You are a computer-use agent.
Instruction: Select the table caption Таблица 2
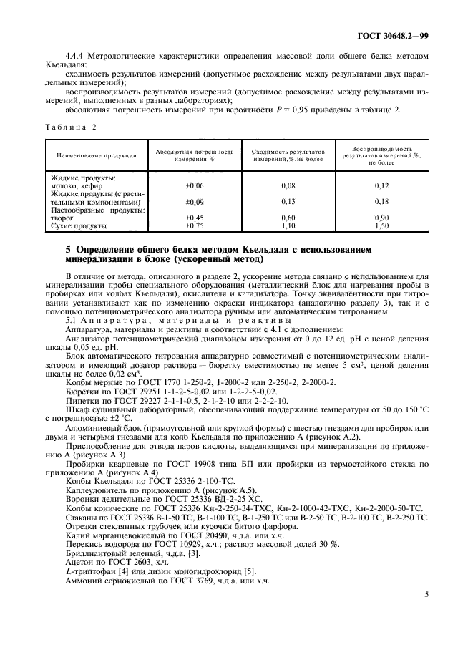tap(71, 126)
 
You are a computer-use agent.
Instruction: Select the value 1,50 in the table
tap(382, 226)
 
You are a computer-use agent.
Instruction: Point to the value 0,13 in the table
tap(288, 202)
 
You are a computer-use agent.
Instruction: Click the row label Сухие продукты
tap(77, 226)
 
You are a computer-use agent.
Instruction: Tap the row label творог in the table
tap(63, 218)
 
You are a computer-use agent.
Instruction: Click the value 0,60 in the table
tap(288, 218)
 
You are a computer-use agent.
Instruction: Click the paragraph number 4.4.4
tap(74, 54)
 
